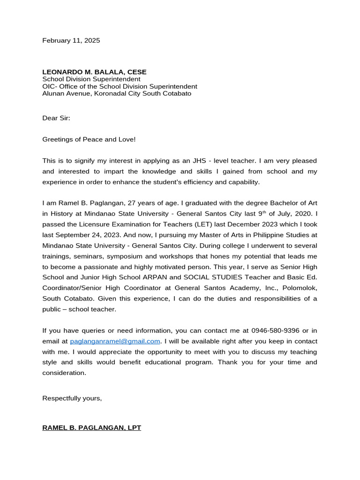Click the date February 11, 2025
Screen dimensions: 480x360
(71, 41)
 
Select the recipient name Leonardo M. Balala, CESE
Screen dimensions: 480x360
(94, 72)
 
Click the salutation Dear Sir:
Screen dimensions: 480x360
(56, 118)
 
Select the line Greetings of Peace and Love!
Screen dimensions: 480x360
(89, 139)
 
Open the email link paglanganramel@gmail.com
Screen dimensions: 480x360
(115, 341)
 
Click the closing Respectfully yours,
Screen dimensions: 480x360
(72, 398)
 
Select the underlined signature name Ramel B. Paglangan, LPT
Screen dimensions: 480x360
(91, 428)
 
